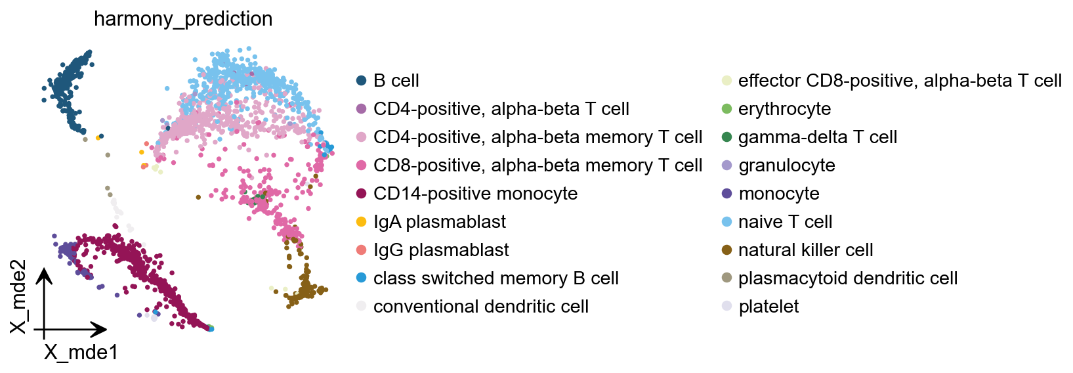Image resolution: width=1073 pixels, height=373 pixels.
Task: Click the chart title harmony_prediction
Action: coord(183,19)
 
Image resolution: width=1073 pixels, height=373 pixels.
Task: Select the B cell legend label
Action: coord(396,81)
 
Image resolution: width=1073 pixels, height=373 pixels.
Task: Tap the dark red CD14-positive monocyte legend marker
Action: coord(361,194)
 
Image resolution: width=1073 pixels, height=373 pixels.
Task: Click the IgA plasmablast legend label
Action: coord(439,222)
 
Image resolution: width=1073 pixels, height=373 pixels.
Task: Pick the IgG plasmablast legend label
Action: coord(441,250)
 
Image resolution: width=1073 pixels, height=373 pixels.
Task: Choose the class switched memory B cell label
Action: coord(495,278)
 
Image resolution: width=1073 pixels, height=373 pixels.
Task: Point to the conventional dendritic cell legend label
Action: coord(480,307)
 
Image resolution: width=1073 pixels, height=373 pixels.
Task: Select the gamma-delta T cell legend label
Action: coord(817,137)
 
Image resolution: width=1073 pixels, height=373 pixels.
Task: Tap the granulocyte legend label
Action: coord(786,165)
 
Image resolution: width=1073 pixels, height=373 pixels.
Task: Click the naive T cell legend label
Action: coord(785,222)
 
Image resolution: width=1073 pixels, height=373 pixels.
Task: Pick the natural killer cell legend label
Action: coord(805,250)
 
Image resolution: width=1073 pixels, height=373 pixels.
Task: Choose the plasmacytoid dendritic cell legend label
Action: coord(847,278)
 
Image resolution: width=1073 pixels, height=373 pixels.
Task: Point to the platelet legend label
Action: coord(768,307)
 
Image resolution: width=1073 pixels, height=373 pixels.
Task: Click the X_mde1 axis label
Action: coord(81,353)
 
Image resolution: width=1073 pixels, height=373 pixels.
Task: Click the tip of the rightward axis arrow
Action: coord(106,329)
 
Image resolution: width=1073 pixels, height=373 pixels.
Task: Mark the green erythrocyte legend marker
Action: coord(726,109)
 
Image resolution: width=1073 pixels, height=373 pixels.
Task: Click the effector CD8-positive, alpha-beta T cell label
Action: coord(899,81)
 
